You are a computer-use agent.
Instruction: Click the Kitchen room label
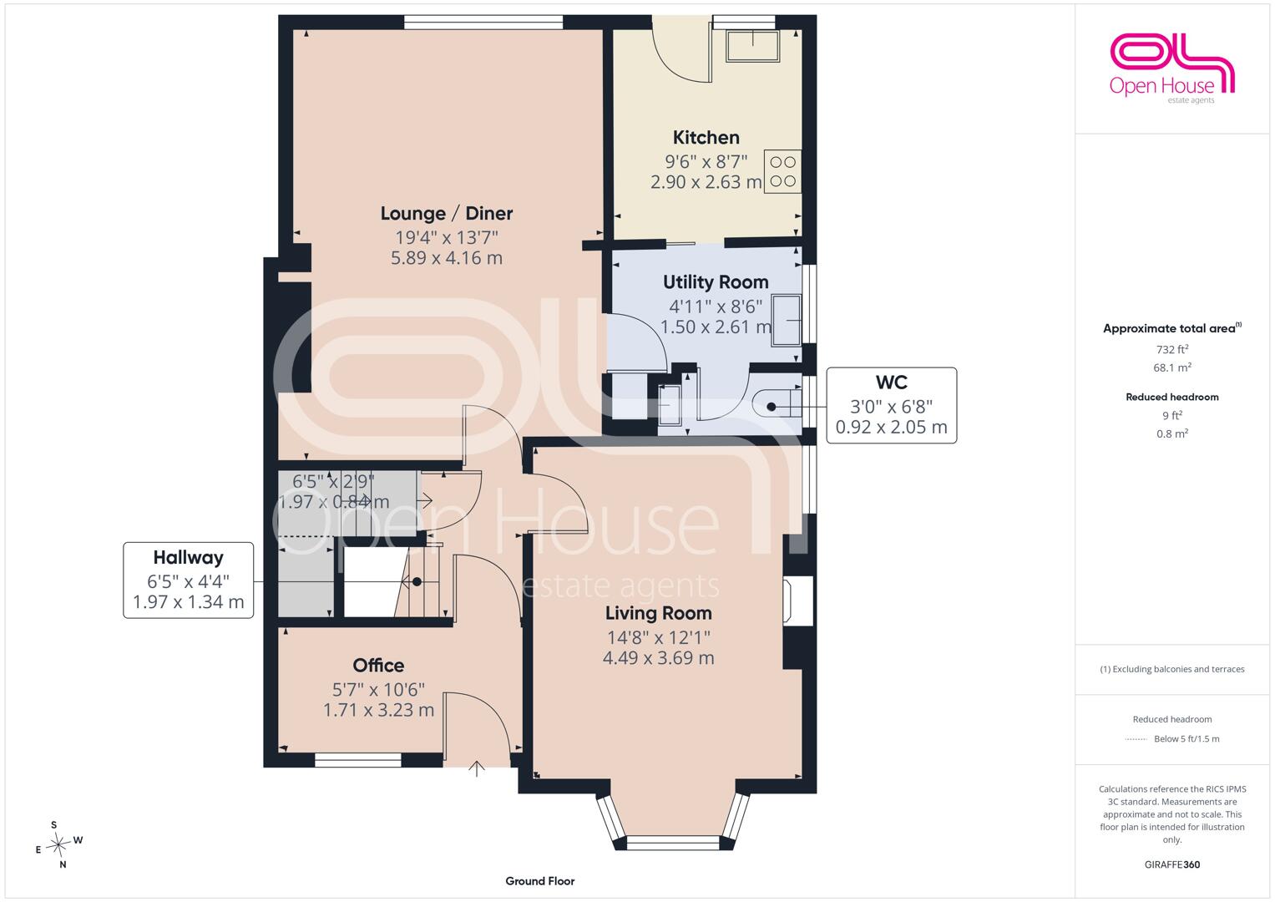click(706, 137)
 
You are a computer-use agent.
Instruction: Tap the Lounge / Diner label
click(446, 214)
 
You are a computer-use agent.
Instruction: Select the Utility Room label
click(716, 282)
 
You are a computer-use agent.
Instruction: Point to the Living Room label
click(658, 613)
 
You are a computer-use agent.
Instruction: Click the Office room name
click(378, 665)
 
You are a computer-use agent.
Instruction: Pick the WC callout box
click(892, 405)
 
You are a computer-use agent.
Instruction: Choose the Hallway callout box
click(189, 580)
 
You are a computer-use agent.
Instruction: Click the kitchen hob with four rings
click(782, 171)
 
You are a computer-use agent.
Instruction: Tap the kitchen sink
click(752, 46)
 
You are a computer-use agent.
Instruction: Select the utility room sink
click(786, 321)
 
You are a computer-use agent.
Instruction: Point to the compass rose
click(58, 844)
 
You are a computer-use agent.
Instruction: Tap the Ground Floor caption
click(539, 881)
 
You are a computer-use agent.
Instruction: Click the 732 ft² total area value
click(1172, 349)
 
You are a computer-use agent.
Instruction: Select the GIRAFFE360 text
click(1172, 864)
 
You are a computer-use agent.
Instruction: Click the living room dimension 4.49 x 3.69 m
click(658, 658)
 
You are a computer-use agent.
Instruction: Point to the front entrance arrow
click(477, 768)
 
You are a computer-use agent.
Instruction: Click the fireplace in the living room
click(798, 600)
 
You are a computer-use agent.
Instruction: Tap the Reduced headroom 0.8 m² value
click(1172, 433)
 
